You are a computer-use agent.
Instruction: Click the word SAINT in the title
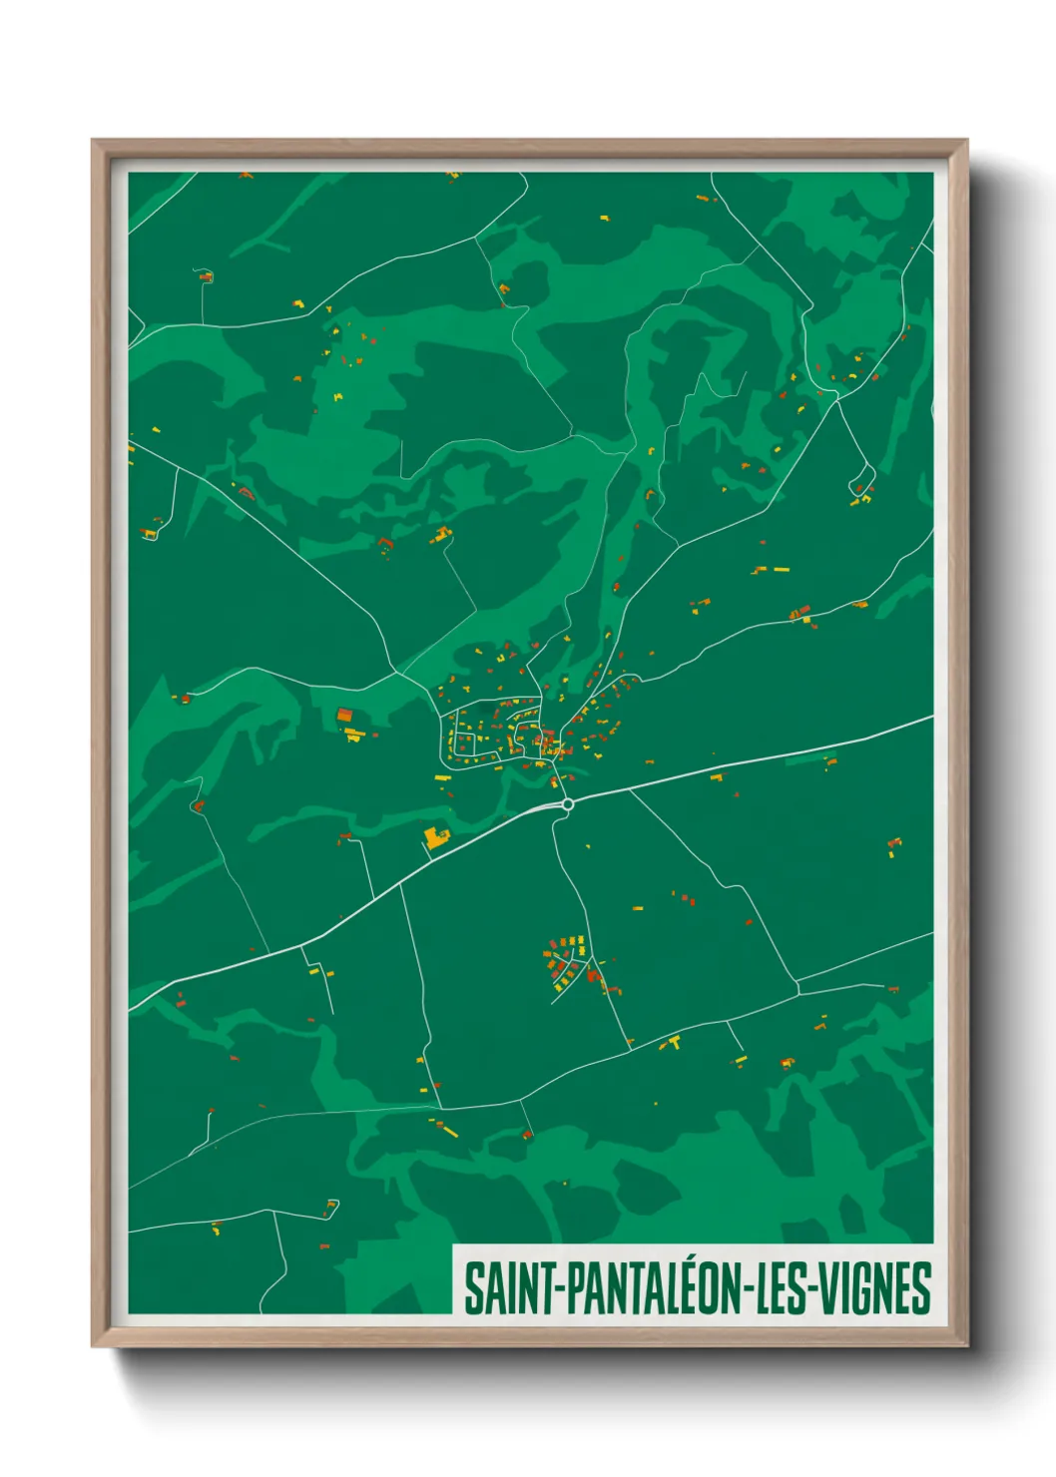(512, 1288)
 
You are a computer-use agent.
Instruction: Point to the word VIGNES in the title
(878, 1288)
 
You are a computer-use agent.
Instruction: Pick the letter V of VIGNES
(833, 1288)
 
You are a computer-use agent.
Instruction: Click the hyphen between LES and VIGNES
(818, 1290)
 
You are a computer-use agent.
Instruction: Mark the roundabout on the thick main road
(567, 803)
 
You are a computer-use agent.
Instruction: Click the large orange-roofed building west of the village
(344, 715)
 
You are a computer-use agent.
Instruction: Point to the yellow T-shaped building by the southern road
(674, 1043)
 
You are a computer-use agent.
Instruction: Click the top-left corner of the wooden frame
(93, 141)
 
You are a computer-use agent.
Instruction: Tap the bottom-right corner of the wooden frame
(966, 1345)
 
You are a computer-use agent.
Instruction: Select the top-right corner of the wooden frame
(966, 141)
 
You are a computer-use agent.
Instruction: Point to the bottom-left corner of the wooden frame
(93, 1345)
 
